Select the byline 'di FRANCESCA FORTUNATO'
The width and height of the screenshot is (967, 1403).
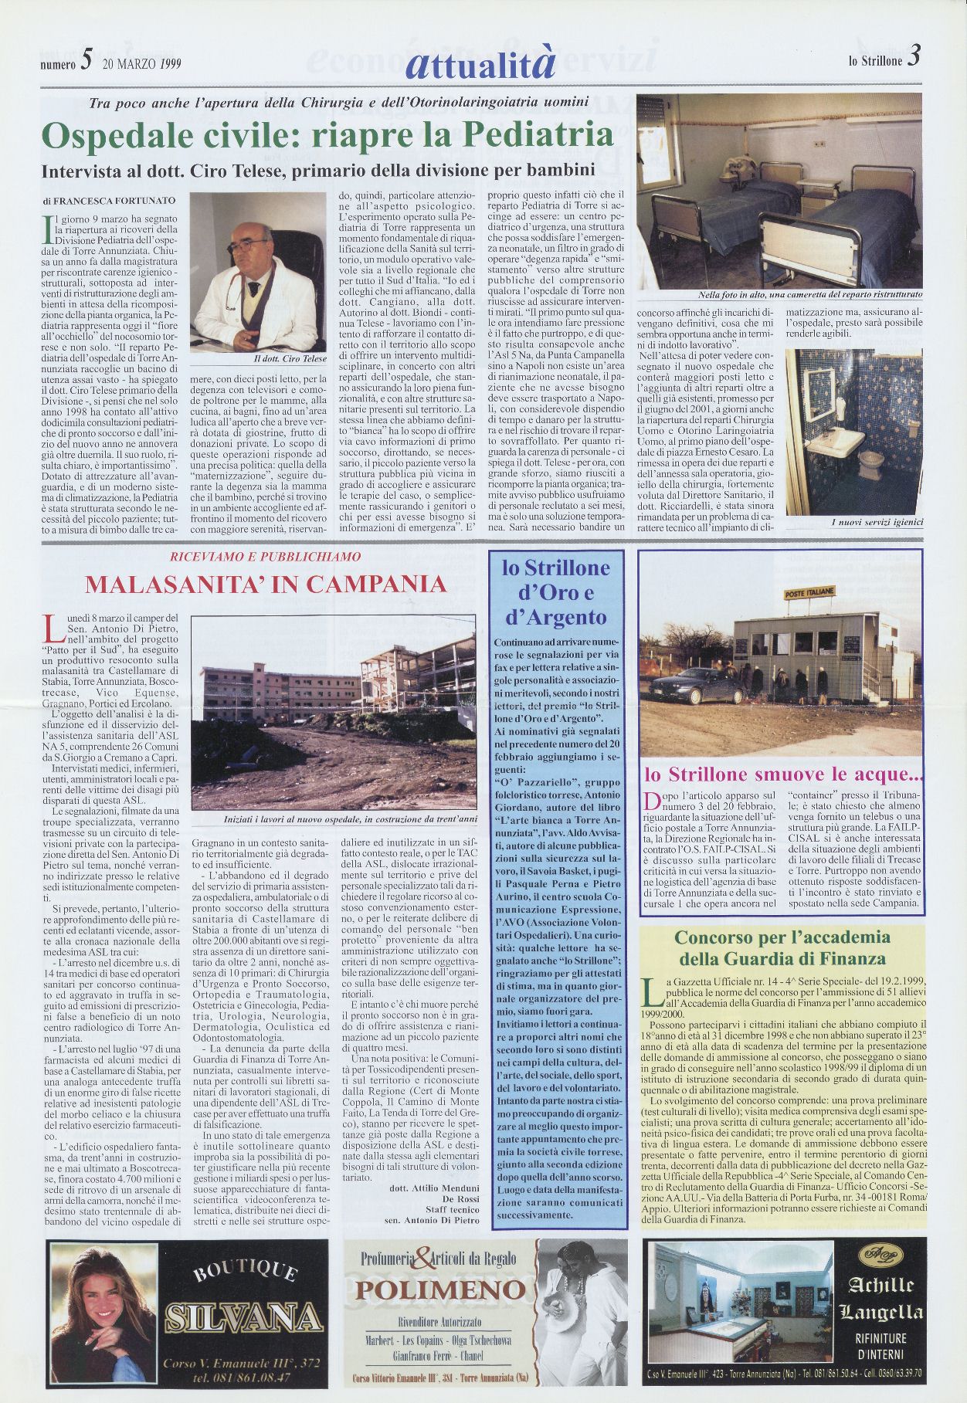tap(109, 200)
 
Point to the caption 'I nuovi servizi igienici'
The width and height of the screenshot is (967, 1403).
tap(877, 523)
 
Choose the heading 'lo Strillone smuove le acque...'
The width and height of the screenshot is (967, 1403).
tap(783, 773)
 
